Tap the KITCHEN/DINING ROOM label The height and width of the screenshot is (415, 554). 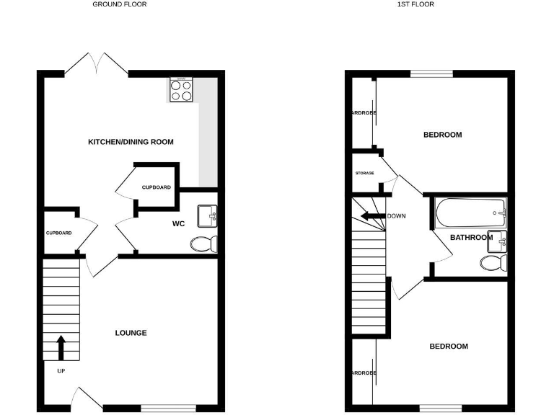(x=131, y=142)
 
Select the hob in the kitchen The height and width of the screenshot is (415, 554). (x=181, y=90)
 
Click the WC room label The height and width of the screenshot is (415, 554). (x=179, y=224)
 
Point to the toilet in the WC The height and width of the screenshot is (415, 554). (x=203, y=244)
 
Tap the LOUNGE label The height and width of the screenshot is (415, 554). (x=131, y=333)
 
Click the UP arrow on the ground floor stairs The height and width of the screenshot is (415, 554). (x=61, y=347)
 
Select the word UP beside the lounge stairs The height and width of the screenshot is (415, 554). (x=61, y=372)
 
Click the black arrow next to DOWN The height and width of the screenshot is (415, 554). (x=372, y=216)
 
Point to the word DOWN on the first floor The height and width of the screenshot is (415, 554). (x=396, y=216)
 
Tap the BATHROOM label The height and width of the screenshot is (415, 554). (x=470, y=237)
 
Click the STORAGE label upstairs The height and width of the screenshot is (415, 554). (x=364, y=174)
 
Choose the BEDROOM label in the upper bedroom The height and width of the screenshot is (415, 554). (x=442, y=135)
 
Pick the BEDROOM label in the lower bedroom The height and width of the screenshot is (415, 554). (x=449, y=347)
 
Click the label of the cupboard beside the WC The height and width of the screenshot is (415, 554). (x=156, y=187)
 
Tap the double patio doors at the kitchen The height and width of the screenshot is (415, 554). (x=97, y=63)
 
